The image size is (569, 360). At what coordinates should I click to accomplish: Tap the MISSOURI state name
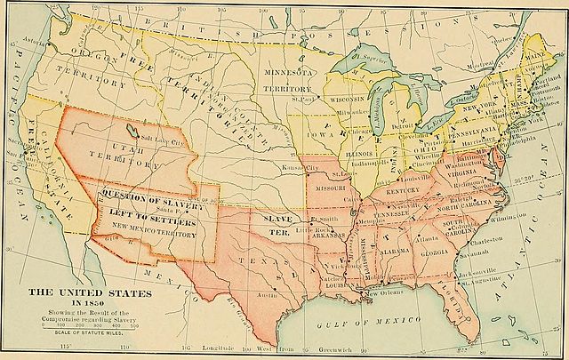(331, 188)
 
